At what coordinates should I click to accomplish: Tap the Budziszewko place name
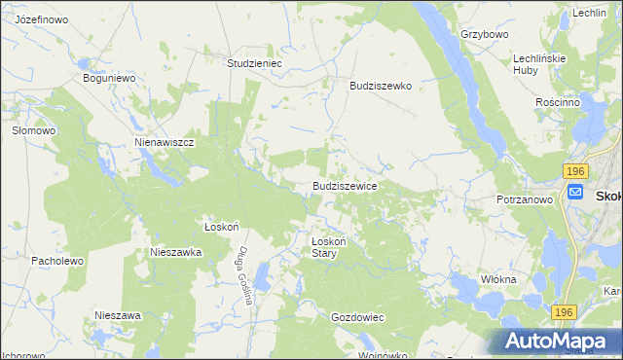[x=382, y=86]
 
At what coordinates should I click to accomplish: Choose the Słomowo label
[x=32, y=129]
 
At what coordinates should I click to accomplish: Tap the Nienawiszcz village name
[x=165, y=142]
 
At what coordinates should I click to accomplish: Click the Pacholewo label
[x=59, y=262]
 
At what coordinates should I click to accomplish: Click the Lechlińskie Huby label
[x=539, y=64]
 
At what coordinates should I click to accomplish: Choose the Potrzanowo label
[x=524, y=199]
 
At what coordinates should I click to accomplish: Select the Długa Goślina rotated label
[x=242, y=275]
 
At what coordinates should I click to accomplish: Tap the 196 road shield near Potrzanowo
[x=575, y=169]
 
